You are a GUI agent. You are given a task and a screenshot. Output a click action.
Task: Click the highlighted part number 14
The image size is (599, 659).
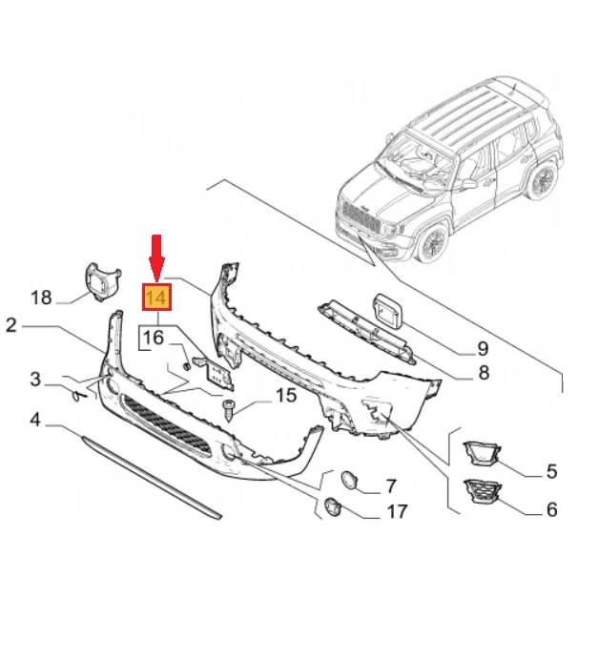[156, 298]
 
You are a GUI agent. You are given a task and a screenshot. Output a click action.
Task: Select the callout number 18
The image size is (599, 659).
[41, 298]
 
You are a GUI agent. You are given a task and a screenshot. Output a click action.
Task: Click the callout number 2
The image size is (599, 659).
[10, 326]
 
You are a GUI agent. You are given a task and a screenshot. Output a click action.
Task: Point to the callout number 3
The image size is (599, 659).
[35, 381]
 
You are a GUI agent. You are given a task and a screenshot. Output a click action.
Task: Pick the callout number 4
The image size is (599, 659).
[35, 420]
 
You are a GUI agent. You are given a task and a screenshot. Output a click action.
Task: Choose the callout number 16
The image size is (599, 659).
[154, 337]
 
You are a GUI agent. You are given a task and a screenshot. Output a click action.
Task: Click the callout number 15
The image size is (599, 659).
[286, 395]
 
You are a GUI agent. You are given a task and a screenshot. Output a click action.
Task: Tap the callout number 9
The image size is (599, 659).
[483, 348]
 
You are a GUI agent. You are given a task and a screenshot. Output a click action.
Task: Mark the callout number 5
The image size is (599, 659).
[550, 471]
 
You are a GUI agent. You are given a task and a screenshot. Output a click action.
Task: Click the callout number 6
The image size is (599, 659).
[550, 510]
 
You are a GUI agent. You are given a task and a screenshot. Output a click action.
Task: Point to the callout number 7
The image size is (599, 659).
[389, 487]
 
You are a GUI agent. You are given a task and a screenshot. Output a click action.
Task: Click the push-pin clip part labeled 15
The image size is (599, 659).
[229, 409]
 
